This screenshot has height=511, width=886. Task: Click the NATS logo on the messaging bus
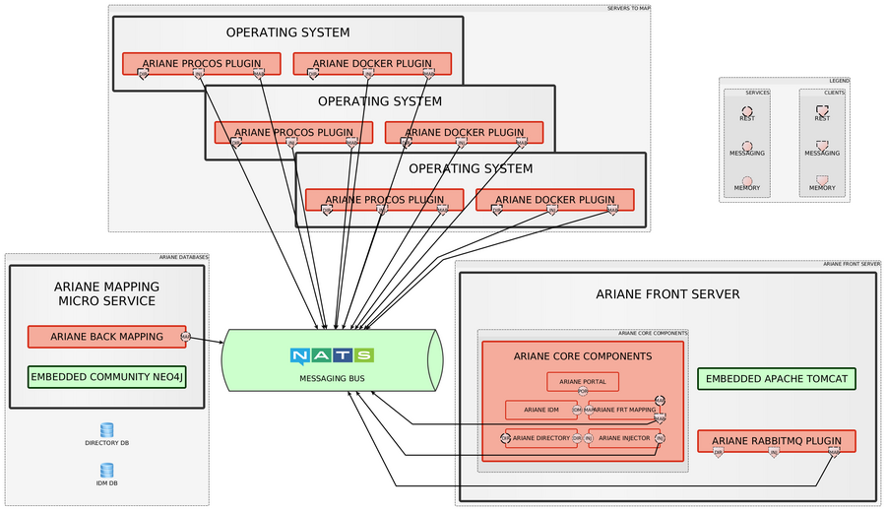coord(332,355)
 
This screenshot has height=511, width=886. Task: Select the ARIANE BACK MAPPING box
coord(106,337)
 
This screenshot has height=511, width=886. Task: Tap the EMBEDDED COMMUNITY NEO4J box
coord(106,376)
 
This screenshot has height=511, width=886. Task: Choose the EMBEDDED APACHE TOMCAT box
coord(776,378)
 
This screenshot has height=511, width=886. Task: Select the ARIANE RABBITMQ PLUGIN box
coord(776,441)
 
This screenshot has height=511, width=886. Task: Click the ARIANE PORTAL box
coord(583,381)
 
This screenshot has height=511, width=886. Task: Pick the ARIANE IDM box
coord(540,410)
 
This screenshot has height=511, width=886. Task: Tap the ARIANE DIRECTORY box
coord(540,438)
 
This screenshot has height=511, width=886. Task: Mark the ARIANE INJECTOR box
coord(624,438)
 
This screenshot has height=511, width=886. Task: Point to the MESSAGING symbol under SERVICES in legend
coord(747,146)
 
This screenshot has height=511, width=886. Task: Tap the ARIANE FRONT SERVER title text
coord(667,294)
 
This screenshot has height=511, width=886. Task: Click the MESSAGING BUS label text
coord(332,378)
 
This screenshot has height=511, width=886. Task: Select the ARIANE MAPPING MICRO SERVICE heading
coord(106,293)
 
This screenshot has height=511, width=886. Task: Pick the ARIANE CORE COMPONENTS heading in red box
coord(583,355)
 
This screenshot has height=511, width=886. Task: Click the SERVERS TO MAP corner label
coord(628,8)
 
